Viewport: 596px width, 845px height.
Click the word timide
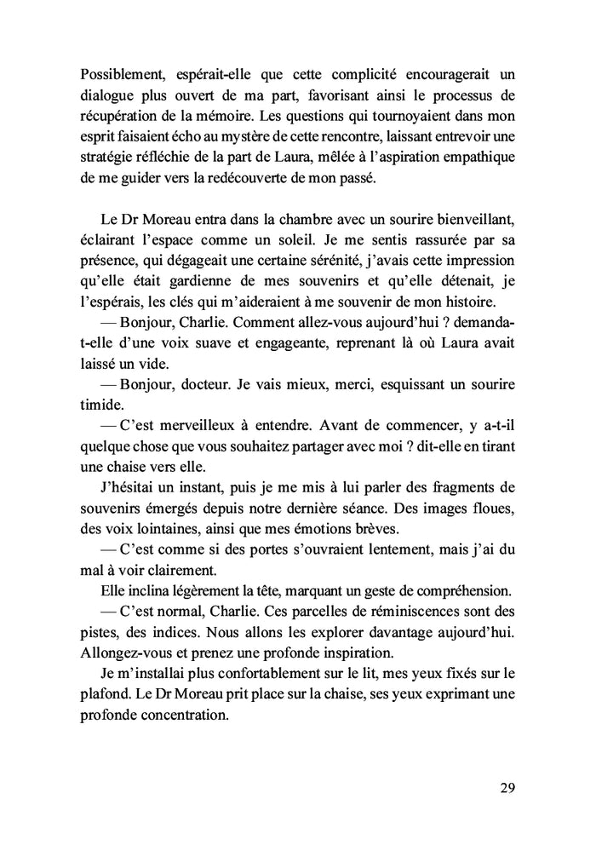(x=102, y=398)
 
